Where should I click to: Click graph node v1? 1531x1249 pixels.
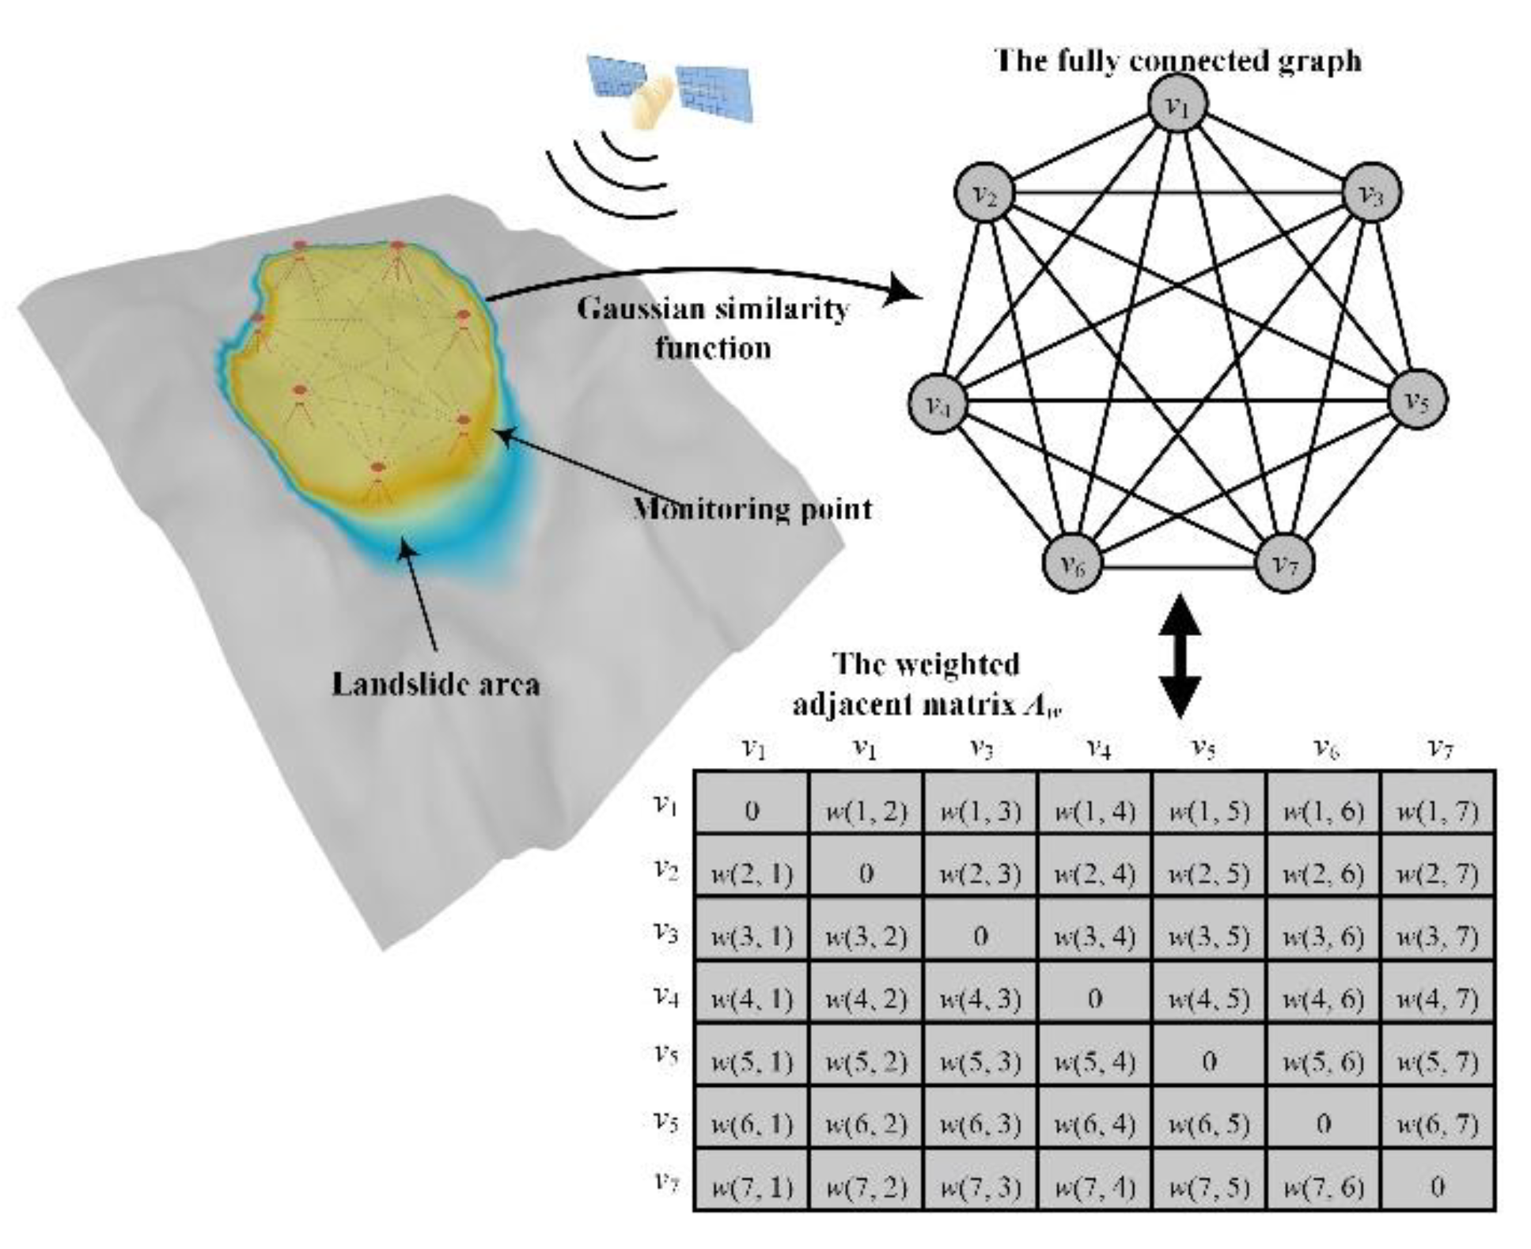coord(1178,105)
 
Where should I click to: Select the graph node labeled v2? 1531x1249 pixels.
coord(983,192)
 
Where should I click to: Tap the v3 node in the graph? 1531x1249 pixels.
coord(1372,192)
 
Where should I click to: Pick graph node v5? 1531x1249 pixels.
coord(1417,399)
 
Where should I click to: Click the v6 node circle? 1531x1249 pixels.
coord(1072,563)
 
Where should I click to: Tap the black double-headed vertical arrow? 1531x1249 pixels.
coord(1180,657)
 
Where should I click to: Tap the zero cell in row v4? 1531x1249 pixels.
coord(1094,998)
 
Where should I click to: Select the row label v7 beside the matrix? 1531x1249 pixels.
coord(666,1182)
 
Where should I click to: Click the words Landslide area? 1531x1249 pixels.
coord(435,684)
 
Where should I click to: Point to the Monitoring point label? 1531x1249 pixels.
coord(752,509)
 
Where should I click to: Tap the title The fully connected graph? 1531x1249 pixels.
coord(1177,61)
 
